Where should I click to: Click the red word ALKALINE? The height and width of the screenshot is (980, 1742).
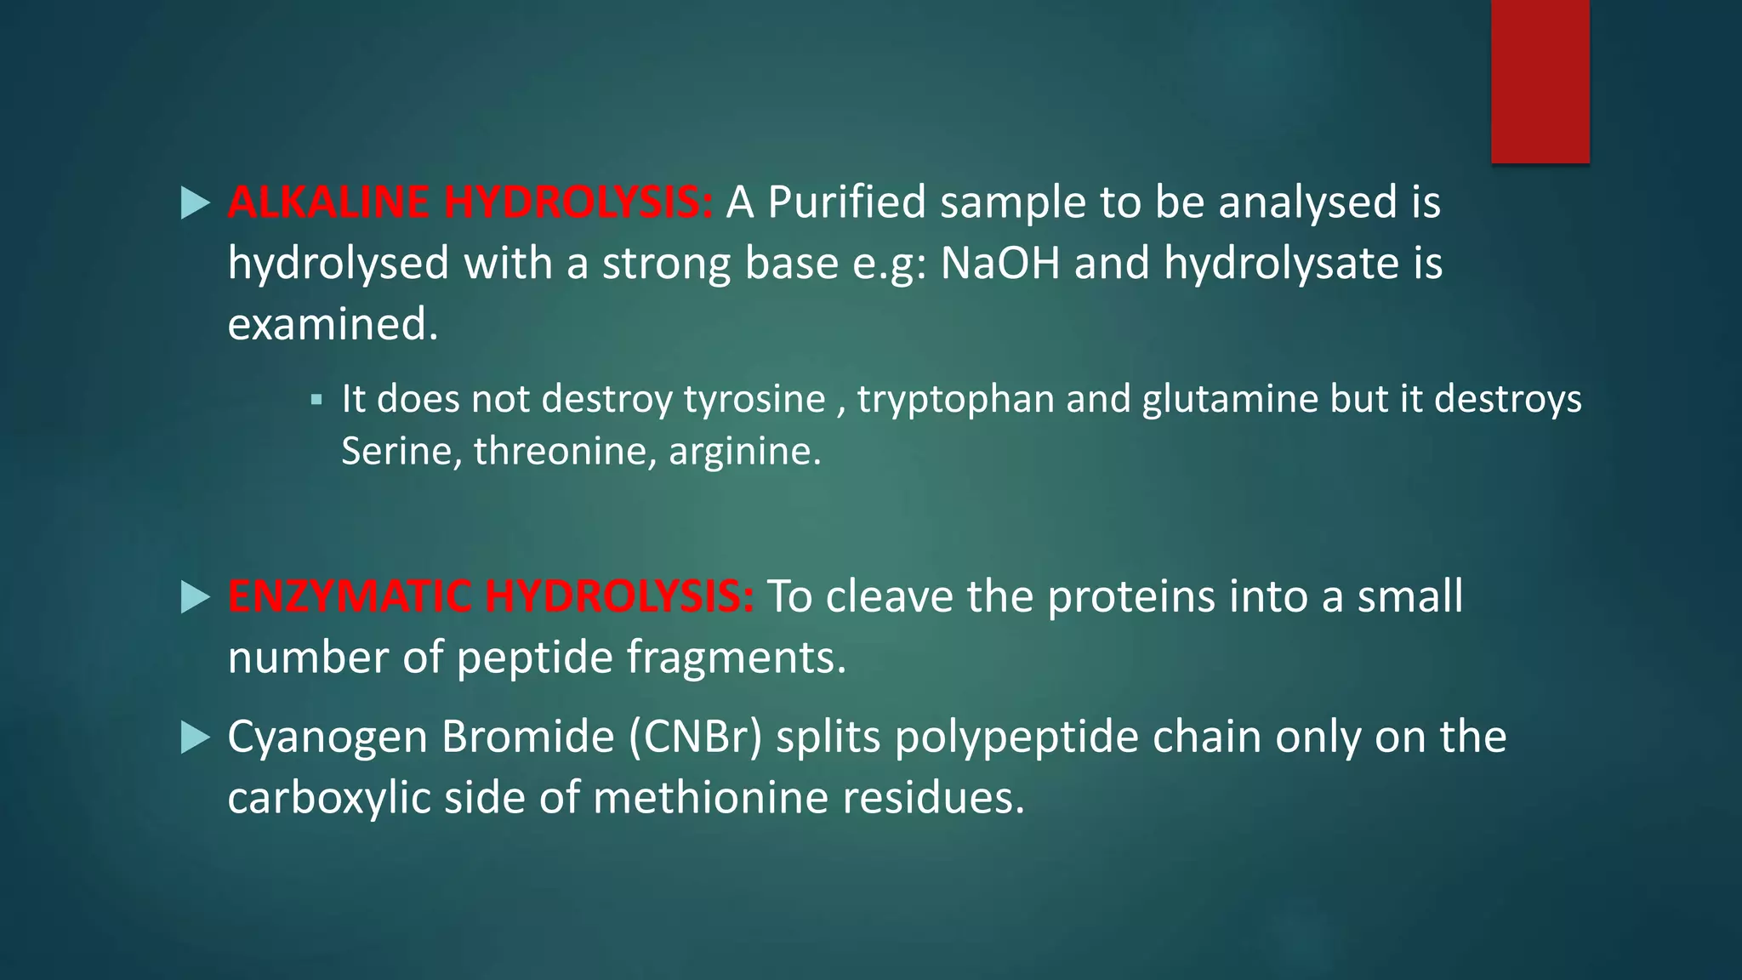(328, 202)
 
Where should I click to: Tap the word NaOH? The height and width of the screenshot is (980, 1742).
(1000, 263)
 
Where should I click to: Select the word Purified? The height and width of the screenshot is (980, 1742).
(846, 202)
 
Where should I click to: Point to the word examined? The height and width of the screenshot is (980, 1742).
(333, 324)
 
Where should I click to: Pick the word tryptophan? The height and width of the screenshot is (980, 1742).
(956, 399)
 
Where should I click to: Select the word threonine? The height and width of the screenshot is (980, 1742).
(565, 451)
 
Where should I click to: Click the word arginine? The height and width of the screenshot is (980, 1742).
(744, 451)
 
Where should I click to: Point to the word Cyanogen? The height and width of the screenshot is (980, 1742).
(327, 737)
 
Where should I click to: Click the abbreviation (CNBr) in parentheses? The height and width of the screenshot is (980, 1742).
(696, 737)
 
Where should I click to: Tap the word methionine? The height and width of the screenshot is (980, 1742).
(710, 798)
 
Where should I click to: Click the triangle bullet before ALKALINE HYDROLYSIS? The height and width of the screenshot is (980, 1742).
(196, 203)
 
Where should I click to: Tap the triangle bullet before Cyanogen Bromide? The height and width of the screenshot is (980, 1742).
(196, 738)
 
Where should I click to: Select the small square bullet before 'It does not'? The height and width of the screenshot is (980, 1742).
(316, 399)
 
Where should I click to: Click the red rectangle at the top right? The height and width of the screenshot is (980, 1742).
(1540, 81)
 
